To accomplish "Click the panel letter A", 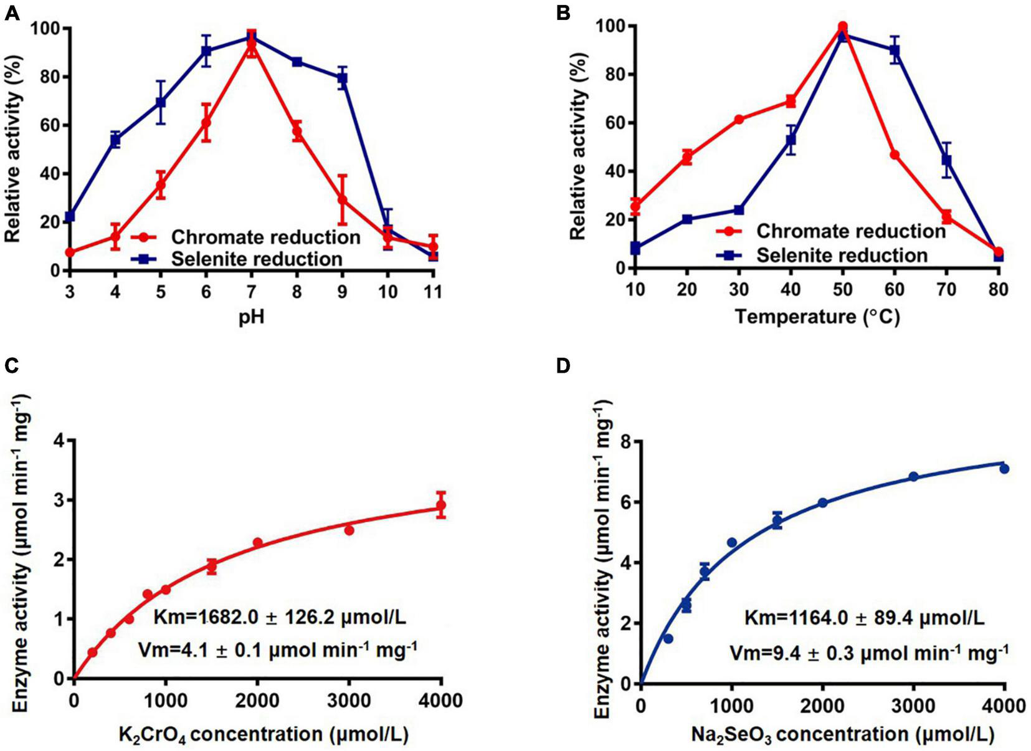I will pos(11,12).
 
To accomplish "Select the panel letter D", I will pos(564,366).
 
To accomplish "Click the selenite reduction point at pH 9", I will pos(342,79).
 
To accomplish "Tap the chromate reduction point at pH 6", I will pos(206,122).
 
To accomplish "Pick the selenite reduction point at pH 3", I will pos(70,216).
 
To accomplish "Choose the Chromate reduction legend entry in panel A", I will pos(265,237).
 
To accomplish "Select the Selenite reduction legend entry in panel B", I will pos(841,256).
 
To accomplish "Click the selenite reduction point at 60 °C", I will pos(895,50).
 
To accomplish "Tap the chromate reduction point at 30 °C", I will pos(739,119).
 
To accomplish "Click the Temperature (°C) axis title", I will pos(817,317).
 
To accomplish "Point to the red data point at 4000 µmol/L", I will pos(441,505).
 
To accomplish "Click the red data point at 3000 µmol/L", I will pos(349,530).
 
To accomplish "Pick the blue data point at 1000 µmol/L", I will pos(732,542).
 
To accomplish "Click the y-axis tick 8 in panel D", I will pos(625,442).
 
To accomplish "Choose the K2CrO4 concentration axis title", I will pos(263,735).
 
